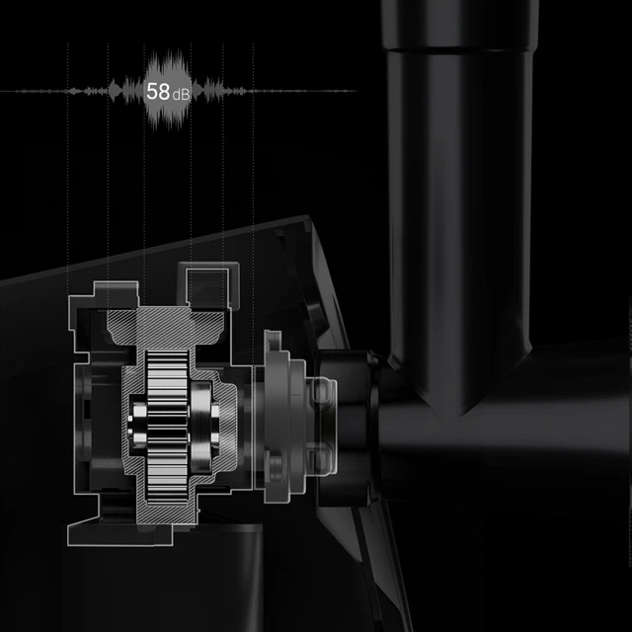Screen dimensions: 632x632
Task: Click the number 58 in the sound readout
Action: click(x=158, y=92)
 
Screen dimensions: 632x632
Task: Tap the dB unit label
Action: click(x=181, y=95)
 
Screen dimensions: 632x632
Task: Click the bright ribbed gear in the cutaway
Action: click(x=167, y=427)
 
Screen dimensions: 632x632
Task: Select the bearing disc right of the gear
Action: click(x=201, y=427)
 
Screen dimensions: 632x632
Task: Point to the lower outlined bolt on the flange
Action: click(x=322, y=460)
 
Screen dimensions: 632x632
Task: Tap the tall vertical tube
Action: click(x=459, y=201)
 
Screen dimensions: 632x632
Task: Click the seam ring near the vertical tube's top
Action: click(x=459, y=49)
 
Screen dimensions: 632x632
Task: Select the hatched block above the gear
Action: click(x=165, y=327)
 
